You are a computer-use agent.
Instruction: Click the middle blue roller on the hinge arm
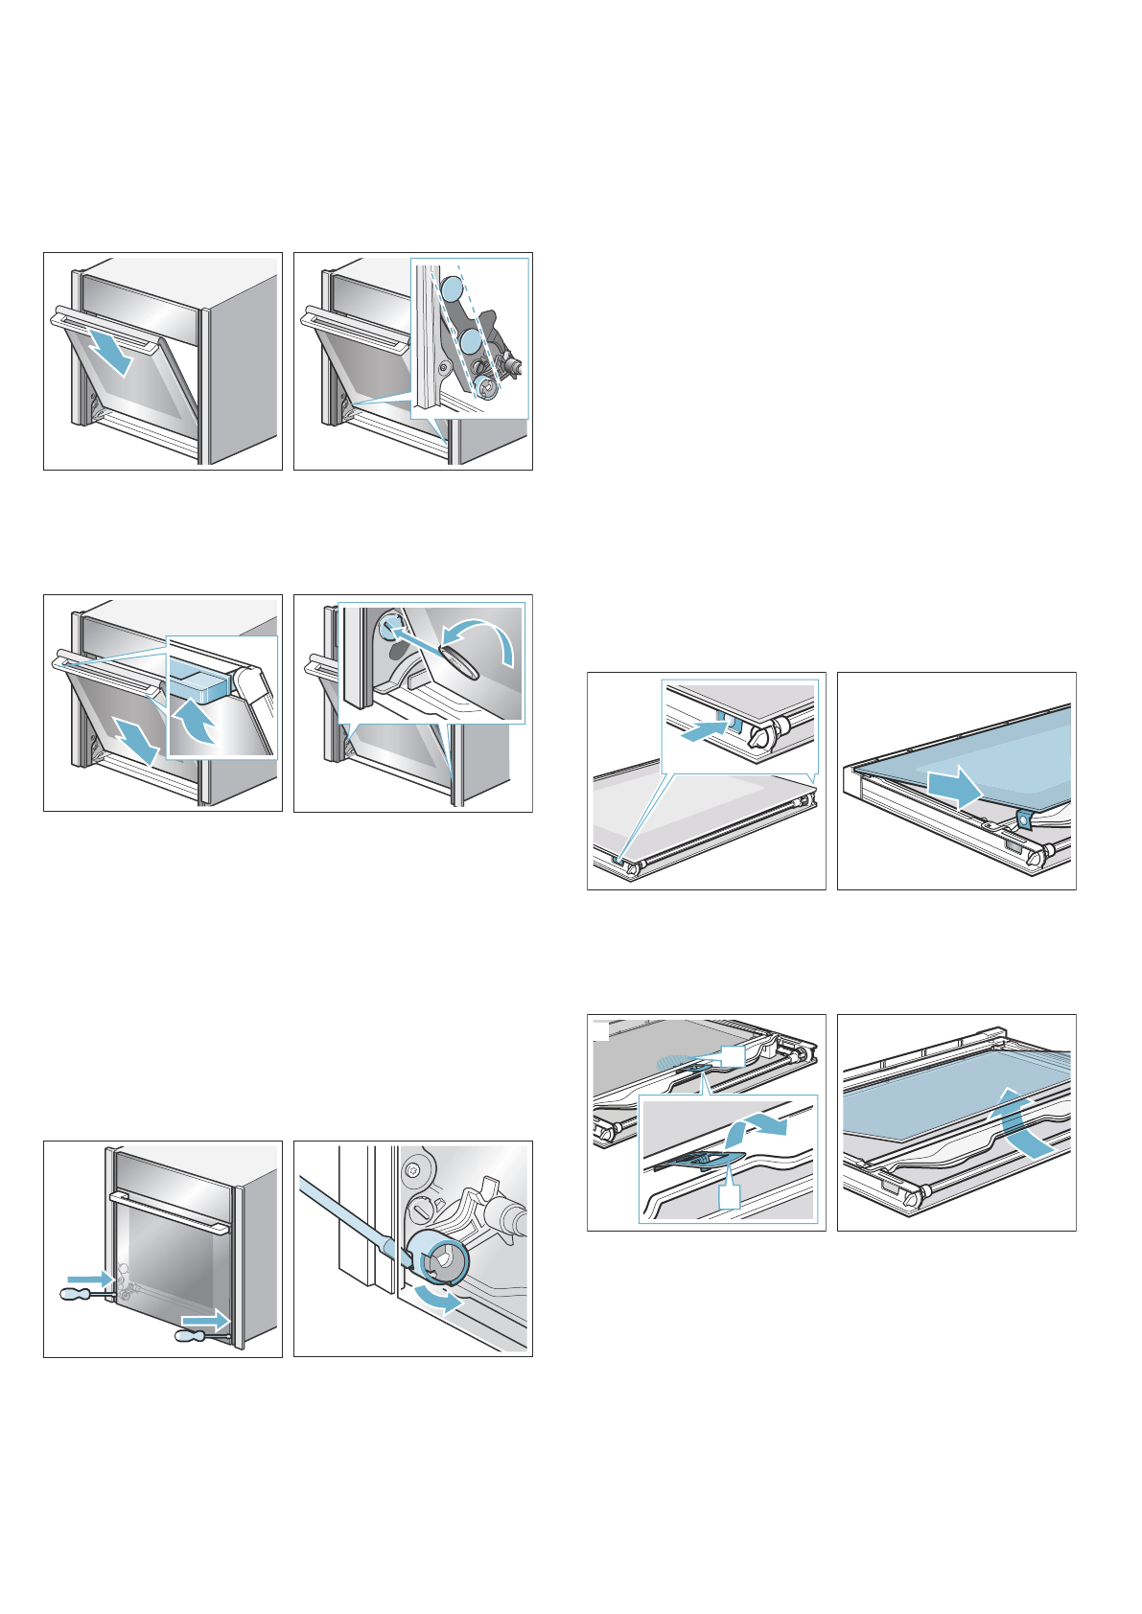pyautogui.click(x=469, y=341)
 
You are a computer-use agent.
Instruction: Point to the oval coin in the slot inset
pyautogui.click(x=457, y=661)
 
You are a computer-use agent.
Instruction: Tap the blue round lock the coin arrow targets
pyautogui.click(x=389, y=626)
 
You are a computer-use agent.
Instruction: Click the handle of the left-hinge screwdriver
pyautogui.click(x=75, y=1295)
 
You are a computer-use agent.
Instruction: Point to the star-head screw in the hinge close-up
pyautogui.click(x=413, y=1169)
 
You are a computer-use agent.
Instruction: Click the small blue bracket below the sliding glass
pyautogui.click(x=1023, y=818)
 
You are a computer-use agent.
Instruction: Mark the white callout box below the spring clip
pyautogui.click(x=730, y=1197)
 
